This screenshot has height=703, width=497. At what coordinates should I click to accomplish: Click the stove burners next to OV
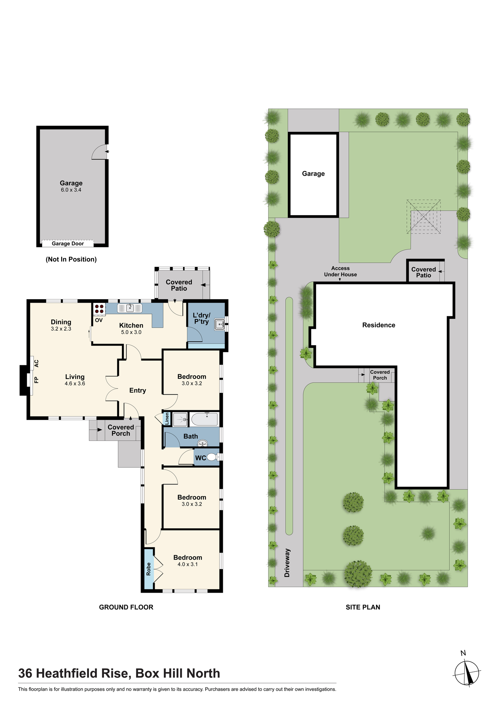(x=99, y=309)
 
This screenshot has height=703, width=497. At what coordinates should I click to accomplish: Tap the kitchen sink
(x=130, y=308)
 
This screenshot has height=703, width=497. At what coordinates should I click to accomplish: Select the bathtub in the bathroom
(x=204, y=419)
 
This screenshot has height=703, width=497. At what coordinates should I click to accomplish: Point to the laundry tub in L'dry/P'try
(x=219, y=324)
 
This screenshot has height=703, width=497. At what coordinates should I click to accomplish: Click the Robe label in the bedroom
(x=148, y=569)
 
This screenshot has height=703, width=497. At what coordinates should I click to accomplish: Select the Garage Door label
(x=68, y=244)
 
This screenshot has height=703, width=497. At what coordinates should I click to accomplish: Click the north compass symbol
(x=467, y=673)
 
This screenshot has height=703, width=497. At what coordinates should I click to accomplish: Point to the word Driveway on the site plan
(x=287, y=563)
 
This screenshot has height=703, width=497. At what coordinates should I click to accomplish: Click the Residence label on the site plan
(x=379, y=325)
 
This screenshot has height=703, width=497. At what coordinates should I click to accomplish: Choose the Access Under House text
(x=341, y=271)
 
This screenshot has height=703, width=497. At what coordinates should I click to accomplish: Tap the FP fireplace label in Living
(x=36, y=380)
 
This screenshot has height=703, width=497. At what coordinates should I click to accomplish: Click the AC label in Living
(x=36, y=363)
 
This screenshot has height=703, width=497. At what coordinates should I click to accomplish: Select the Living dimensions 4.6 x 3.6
(x=75, y=383)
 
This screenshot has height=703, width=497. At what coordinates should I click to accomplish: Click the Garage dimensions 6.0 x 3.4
(x=71, y=190)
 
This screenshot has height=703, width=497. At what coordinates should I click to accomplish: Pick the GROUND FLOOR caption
(x=126, y=607)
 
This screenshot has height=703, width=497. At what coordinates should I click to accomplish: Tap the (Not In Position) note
(x=71, y=259)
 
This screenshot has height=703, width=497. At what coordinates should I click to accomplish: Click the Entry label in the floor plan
(x=137, y=391)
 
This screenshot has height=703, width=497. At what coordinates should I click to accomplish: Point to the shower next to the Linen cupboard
(x=180, y=419)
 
